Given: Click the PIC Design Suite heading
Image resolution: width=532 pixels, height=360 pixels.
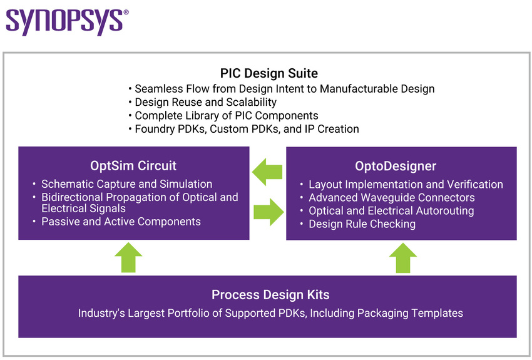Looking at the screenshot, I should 269,74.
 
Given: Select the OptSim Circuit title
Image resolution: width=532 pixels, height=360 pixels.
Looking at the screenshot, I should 133,166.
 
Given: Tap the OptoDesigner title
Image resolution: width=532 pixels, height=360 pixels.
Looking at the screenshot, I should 395,167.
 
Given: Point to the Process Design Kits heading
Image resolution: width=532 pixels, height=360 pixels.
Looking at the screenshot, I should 270,295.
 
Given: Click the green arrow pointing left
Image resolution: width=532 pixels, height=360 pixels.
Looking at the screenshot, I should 268,172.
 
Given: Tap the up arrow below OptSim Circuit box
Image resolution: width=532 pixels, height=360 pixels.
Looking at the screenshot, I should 128,257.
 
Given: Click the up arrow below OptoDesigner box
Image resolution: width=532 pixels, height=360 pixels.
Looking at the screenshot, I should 402,257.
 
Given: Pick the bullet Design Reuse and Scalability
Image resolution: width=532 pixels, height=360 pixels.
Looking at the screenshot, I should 205,102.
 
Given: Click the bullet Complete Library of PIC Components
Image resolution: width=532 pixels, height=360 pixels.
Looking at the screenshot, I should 226,116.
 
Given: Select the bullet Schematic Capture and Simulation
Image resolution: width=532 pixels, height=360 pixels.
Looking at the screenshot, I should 126,184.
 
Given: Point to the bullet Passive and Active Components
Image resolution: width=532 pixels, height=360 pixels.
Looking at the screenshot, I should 121,222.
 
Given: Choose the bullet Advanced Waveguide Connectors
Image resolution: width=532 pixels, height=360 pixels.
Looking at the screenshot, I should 391,198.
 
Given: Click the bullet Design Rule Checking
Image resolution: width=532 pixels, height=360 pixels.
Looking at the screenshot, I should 362,224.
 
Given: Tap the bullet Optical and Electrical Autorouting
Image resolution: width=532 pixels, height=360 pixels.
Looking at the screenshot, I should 391,211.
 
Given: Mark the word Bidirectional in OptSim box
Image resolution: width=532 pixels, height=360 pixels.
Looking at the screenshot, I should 75,197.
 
